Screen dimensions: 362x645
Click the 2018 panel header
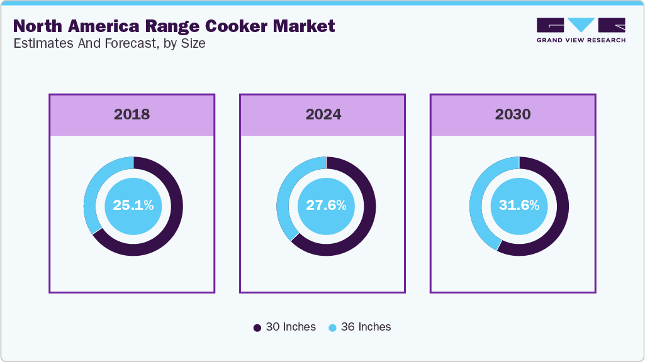tap(132, 114)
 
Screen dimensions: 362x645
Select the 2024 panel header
tap(323, 114)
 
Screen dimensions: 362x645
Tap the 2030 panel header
tap(512, 114)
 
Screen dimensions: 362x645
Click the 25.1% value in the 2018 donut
tap(133, 205)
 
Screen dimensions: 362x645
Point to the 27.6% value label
tap(325, 205)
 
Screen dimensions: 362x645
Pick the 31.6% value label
tap(519, 205)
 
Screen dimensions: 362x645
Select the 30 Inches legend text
tap(291, 327)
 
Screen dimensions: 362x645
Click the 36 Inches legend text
tap(366, 327)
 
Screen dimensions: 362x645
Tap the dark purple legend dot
tap(257, 327)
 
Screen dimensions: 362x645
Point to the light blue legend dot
tap(332, 327)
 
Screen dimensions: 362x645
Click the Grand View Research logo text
tap(581, 40)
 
